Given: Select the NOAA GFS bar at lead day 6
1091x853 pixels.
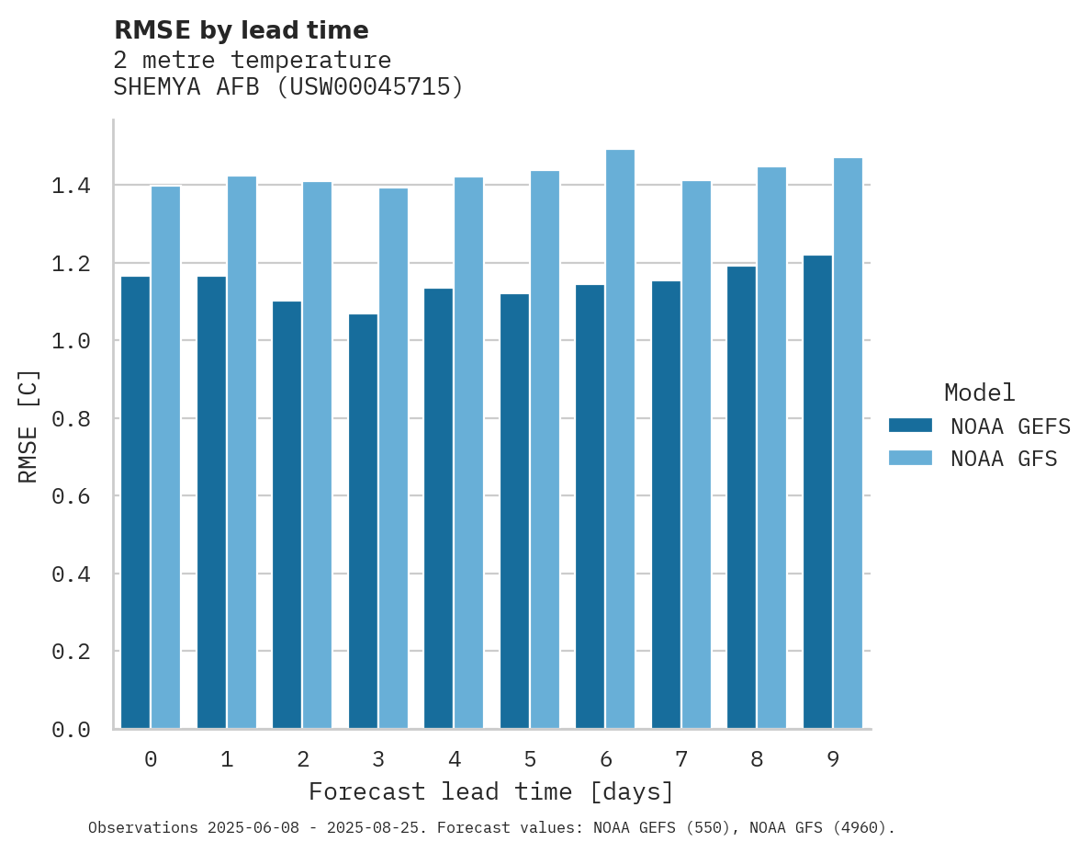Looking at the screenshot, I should (620, 439).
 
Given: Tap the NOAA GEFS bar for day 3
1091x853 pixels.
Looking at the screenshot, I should (363, 521).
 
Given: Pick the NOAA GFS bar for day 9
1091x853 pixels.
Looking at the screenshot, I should (848, 443).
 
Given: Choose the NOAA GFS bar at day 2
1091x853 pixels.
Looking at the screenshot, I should (317, 455).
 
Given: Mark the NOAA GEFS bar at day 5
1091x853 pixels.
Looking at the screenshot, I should (514, 511).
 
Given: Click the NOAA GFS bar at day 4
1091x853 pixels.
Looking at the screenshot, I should (468, 453).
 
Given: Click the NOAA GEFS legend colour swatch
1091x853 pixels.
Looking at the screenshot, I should (910, 426).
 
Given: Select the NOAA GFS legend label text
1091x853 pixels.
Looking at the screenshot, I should (1004, 459).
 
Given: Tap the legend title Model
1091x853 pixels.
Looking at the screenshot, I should (979, 393).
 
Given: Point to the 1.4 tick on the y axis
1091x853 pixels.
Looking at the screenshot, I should (71, 186).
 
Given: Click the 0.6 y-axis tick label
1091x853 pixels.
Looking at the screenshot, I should (71, 496).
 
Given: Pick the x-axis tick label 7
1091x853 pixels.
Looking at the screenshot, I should (680, 759).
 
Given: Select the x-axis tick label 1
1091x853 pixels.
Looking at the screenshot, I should (226, 759).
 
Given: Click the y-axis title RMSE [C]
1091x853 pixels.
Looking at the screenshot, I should (28, 426).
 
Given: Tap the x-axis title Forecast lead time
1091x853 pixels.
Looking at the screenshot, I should (490, 791).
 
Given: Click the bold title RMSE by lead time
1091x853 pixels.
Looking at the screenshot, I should (241, 30).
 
